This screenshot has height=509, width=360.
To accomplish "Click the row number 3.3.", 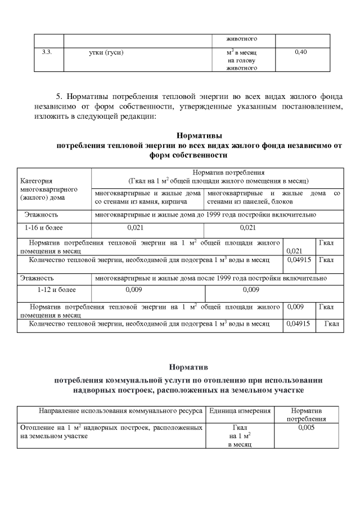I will (x=47, y=52).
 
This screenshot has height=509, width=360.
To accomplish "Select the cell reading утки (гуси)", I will (x=106, y=52).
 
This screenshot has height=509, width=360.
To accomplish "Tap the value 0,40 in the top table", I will (x=300, y=52).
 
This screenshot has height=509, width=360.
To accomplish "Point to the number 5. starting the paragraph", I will (x=62, y=97).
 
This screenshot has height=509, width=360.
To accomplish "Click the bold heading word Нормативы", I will (x=199, y=136).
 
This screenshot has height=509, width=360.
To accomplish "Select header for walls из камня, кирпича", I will (x=148, y=197).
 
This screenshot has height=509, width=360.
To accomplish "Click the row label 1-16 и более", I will (x=44, y=228).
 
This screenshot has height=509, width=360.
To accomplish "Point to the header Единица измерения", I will (x=240, y=411).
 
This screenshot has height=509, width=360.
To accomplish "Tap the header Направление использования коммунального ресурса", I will (x=120, y=411).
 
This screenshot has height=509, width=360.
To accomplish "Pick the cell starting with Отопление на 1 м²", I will (x=111, y=432).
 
